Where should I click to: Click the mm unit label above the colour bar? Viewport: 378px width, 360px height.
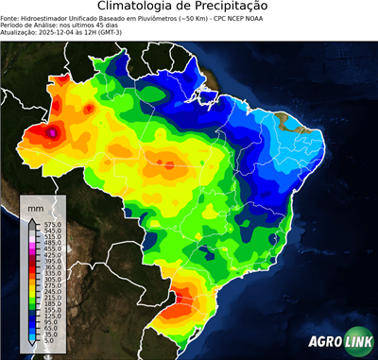point(35,206)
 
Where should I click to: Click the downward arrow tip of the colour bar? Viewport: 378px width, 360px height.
point(33,348)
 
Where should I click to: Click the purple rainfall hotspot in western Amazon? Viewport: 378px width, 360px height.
point(53,134)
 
